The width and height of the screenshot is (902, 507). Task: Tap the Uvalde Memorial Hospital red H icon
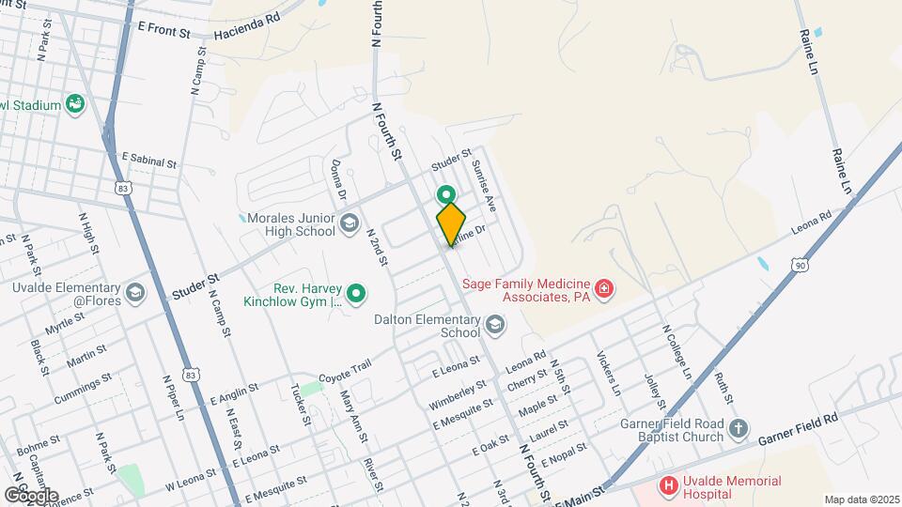(668, 485)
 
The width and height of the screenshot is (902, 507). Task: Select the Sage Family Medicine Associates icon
(606, 287)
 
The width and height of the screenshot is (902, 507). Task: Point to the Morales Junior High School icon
(350, 223)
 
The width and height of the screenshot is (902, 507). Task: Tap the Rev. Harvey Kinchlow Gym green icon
(356, 295)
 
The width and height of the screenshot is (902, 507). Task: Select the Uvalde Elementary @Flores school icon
(135, 294)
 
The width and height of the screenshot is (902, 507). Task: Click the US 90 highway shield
(801, 266)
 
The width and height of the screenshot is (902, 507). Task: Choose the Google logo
(31, 495)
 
